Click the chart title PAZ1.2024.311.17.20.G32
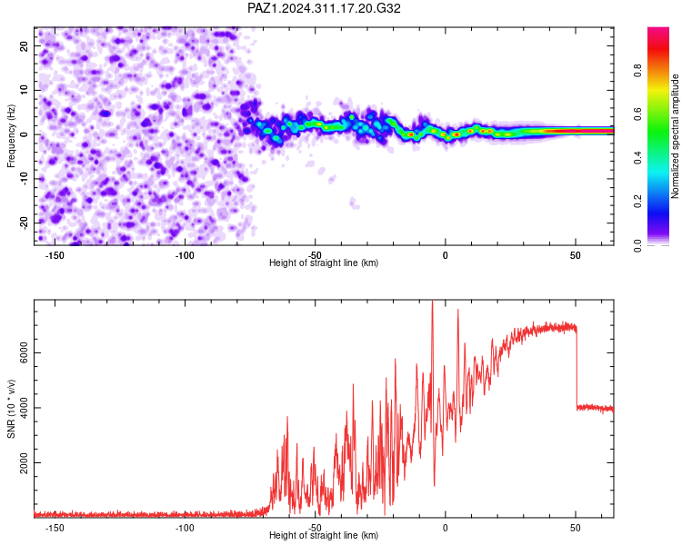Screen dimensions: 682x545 (x=324, y=8)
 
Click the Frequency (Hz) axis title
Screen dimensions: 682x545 (x=11, y=136)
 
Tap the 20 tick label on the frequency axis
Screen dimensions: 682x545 (x=24, y=45)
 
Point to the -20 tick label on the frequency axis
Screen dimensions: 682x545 (x=24, y=223)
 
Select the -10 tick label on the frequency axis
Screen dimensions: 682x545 (x=24, y=179)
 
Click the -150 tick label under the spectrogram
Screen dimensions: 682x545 (x=55, y=255)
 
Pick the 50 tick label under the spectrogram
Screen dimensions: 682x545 (x=575, y=255)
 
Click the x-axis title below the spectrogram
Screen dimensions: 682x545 (x=324, y=263)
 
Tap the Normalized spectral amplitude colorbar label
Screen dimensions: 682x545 (x=675, y=136)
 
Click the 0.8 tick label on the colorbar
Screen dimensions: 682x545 (x=637, y=71)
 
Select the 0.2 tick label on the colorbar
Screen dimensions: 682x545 (x=637, y=202)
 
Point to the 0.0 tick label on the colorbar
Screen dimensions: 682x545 (x=637, y=245)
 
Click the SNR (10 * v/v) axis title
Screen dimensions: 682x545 (x=11, y=409)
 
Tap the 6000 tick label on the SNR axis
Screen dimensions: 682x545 (x=24, y=353)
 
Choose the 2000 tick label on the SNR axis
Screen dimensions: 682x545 (x=24, y=463)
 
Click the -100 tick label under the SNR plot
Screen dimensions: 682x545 (x=185, y=528)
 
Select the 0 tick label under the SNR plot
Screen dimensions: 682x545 (x=445, y=528)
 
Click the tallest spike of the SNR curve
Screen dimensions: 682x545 (x=432, y=302)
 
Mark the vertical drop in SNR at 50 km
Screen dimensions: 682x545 (x=577, y=370)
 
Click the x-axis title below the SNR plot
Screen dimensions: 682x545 (x=324, y=535)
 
